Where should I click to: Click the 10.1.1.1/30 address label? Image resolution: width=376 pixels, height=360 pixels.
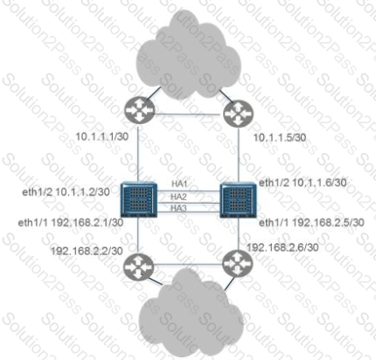click(x=102, y=136)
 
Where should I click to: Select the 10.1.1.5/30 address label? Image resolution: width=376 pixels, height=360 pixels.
click(x=280, y=137)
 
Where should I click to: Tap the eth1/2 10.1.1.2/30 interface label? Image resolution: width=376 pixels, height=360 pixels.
click(x=66, y=191)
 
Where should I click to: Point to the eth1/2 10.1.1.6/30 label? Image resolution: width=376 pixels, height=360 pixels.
click(x=303, y=183)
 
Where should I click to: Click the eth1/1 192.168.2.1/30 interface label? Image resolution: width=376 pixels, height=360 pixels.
click(x=71, y=223)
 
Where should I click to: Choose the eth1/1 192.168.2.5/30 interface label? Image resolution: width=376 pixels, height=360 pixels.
click(x=311, y=223)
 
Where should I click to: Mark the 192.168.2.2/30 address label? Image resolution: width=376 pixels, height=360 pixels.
click(x=87, y=251)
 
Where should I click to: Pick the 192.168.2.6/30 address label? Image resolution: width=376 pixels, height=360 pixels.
click(x=282, y=247)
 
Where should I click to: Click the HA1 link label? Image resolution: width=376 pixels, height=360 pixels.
click(x=179, y=184)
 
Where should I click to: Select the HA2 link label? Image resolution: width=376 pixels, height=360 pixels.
click(x=178, y=197)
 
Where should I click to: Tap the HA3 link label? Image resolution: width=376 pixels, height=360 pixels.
click(x=178, y=208)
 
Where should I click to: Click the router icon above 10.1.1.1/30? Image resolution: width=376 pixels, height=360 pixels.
click(x=139, y=111)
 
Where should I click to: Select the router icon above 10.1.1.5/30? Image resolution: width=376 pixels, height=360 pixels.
click(x=238, y=114)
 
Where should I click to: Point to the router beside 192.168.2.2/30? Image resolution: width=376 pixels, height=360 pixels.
click(x=138, y=267)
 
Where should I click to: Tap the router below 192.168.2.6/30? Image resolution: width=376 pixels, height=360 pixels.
click(x=237, y=264)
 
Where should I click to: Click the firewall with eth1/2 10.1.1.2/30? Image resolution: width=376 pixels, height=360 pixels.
click(x=139, y=199)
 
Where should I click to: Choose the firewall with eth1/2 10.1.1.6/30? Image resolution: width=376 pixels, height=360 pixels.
click(x=238, y=199)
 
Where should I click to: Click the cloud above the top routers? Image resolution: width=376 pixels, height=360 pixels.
click(x=189, y=55)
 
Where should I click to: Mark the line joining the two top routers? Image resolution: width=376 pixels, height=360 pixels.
click(x=189, y=114)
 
